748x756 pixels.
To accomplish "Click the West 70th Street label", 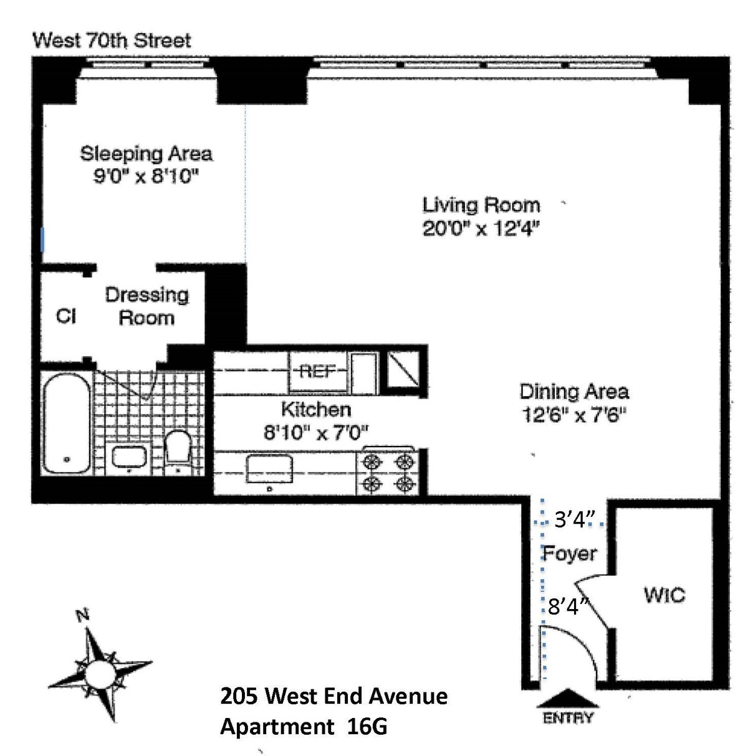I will coord(112,41).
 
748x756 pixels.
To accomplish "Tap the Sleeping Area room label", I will coord(146,153).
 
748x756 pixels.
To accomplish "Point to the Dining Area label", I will coord(573,391).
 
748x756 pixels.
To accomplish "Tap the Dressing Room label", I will coord(146,306).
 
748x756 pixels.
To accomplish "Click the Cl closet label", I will coord(66,316).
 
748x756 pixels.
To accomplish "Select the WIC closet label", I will coord(664,595).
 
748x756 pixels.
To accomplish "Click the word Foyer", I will coord(570,553).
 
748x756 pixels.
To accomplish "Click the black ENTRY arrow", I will coord(568,697).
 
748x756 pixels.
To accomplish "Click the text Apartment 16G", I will coord(304,727).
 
